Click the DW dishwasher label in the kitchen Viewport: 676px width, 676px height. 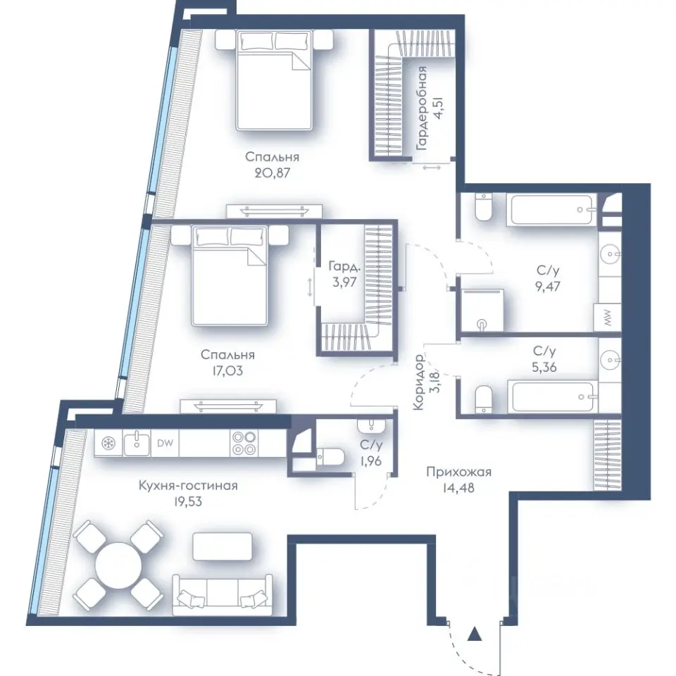click(165, 443)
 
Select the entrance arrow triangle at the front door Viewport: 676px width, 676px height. click(475, 633)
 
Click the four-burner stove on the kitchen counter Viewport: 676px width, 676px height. click(244, 443)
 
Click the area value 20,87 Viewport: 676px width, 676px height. click(272, 173)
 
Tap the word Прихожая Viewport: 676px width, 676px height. click(458, 472)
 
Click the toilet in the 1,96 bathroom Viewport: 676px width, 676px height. click(330, 456)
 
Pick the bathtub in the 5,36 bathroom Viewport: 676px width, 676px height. click(552, 396)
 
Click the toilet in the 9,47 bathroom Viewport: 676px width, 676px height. click(483, 207)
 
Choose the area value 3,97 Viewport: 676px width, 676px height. click(344, 282)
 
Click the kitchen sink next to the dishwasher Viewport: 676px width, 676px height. click(137, 443)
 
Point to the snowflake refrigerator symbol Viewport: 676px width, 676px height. click(108, 443)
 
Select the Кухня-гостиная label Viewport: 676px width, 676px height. click(188, 485)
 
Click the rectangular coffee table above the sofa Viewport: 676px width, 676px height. click(222, 546)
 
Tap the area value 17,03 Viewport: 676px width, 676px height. click(227, 370)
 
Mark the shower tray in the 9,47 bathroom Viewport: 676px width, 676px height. click(482, 311)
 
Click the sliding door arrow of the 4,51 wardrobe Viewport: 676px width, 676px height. click(432, 168)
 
